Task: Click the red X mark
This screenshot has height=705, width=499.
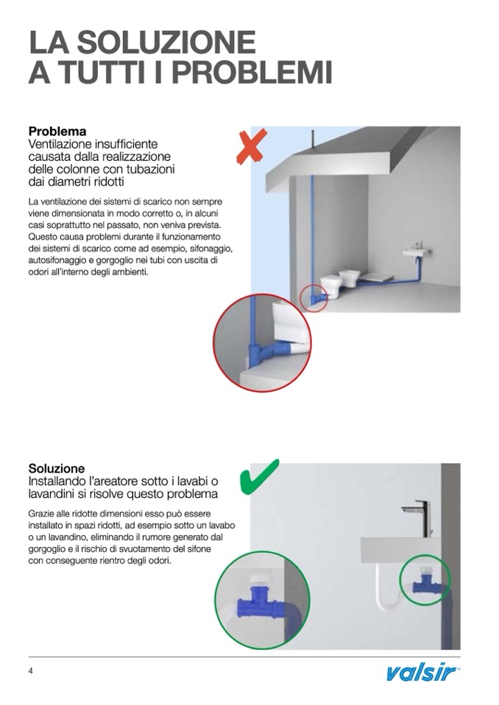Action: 252,146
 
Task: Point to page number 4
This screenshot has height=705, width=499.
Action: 31,671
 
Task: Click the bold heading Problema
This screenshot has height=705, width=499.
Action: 57,132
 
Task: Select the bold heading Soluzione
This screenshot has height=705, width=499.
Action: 57,468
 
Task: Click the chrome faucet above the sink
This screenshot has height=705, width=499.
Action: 418,517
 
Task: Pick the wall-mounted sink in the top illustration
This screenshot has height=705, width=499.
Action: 417,251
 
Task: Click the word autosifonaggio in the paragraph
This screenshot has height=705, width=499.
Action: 57,260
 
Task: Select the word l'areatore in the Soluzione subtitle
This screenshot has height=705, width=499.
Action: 115,481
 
